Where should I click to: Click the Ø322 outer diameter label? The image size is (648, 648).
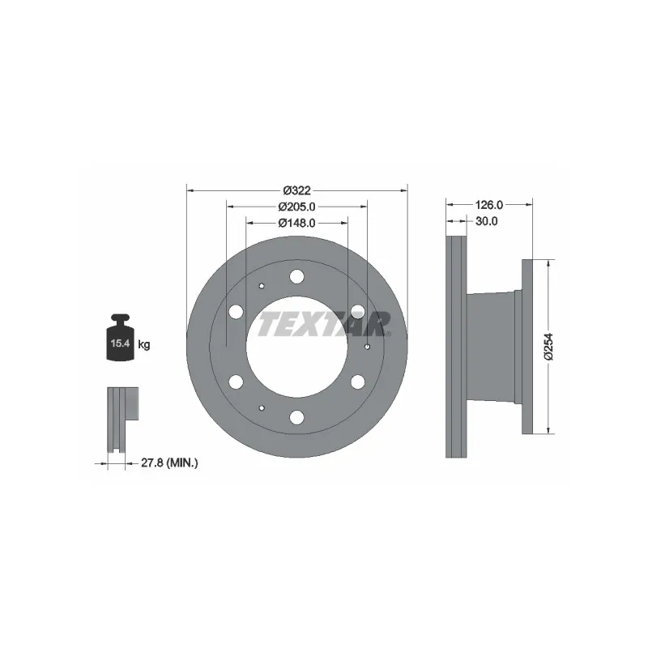[x=296, y=191]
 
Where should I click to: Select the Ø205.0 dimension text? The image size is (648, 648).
[x=296, y=207]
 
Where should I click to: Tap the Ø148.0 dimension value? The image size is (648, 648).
[x=296, y=222]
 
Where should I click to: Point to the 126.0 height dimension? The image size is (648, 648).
[x=488, y=205]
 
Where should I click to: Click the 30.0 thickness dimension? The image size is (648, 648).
[x=487, y=220]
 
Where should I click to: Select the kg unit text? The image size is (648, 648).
[x=144, y=345]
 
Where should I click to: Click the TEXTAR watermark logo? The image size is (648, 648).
[x=324, y=323]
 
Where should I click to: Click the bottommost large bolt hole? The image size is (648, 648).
[x=296, y=417]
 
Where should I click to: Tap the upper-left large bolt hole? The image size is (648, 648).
[x=236, y=312]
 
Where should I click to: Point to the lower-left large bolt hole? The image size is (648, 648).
[x=236, y=382]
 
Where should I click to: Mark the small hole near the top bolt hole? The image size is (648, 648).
[x=261, y=286]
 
